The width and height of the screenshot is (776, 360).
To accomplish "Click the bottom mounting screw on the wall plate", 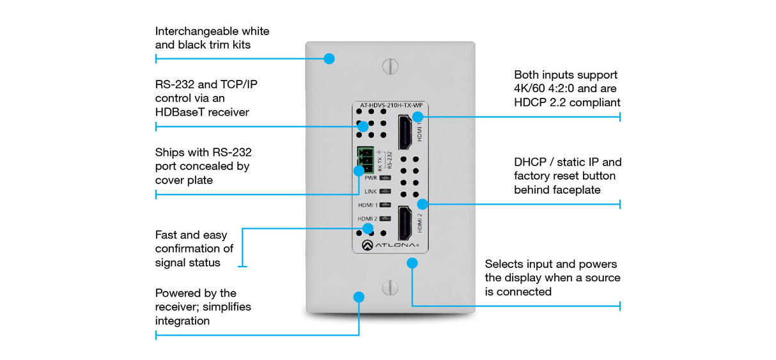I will pos(390,288).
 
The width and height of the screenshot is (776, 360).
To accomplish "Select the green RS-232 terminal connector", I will pos(364,160).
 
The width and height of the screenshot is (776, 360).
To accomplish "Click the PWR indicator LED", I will pos(385,178).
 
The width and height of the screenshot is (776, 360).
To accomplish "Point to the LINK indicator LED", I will pos(385,191).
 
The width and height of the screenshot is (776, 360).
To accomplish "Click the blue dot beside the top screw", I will pos(329,58).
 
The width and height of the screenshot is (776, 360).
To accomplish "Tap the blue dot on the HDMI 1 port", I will pos(417,116).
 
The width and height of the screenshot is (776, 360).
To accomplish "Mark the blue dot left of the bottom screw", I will pos(359,297).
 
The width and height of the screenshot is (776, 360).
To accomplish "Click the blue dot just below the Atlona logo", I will pos(412,262).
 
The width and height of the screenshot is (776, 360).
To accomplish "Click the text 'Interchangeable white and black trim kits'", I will pos(212,38).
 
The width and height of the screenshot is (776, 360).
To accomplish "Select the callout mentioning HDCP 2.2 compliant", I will pos(567,88).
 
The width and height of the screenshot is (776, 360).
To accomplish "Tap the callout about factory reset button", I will pos(567,176).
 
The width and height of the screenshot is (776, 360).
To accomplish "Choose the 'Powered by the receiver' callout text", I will pos(203,307).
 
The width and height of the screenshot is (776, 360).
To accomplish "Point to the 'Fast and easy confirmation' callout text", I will pos(194,249).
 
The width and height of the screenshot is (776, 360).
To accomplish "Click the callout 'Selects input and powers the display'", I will pos(552,278).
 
